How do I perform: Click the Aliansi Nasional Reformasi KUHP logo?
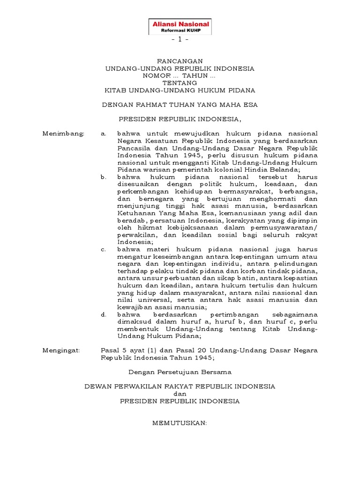tap(180, 27)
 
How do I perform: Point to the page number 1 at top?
tap(180, 40)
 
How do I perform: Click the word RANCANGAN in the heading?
tap(180, 61)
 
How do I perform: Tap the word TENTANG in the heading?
tap(180, 83)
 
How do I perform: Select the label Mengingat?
tap(61, 350)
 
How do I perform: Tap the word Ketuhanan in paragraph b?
tap(133, 213)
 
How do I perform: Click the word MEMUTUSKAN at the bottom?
tap(180, 423)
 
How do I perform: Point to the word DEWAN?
tap(96, 387)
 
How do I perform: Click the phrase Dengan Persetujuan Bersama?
tap(180, 372)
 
